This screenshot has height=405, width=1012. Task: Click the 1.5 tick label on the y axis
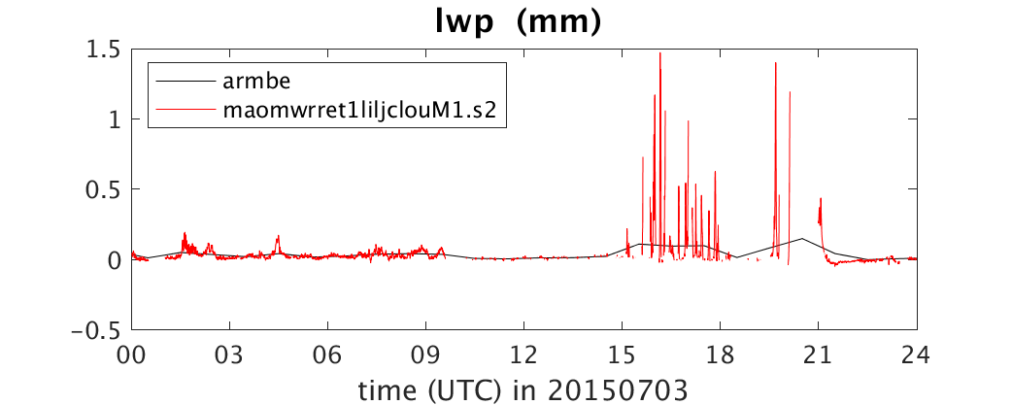click(105, 49)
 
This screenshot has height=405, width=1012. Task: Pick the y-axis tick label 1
click(117, 119)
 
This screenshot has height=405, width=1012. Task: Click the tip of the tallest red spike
click(660, 52)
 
